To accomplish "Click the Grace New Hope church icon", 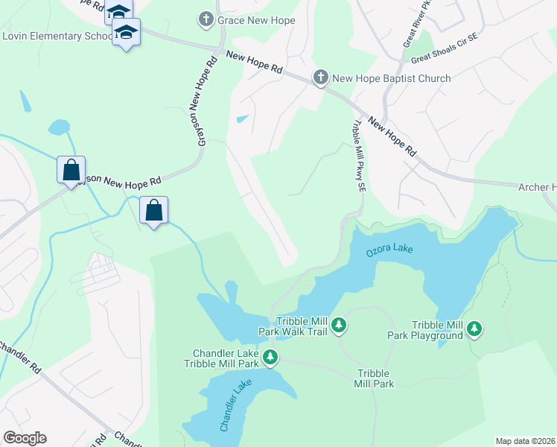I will [206, 19].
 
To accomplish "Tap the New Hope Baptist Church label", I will [392, 78].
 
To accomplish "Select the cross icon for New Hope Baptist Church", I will [320, 77].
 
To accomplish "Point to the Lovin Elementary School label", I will [57, 36].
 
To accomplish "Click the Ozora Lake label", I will [389, 251].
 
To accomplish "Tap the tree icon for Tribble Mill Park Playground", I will [474, 329].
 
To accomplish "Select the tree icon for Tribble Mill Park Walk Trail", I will [339, 324].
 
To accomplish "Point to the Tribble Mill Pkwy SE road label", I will [359, 157].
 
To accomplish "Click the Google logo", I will [25, 438].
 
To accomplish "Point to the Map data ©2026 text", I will [525, 441].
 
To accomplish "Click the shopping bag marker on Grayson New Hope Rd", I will [71, 170].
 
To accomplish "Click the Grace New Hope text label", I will [257, 19].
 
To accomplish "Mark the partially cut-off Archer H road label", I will [537, 187].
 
